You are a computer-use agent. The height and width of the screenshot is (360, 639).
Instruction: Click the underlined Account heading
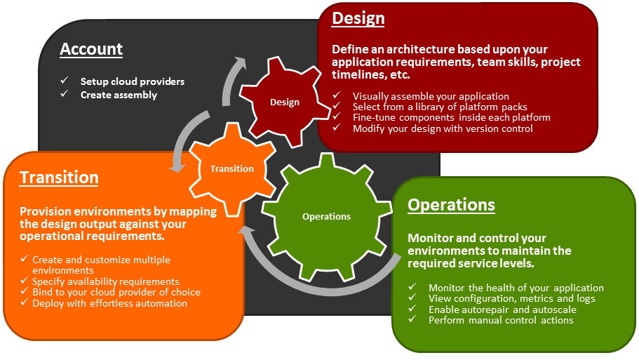[x=91, y=49]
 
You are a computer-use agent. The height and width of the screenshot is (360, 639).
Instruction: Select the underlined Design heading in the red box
[x=358, y=18]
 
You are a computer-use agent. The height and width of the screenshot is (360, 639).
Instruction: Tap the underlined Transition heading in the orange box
[x=59, y=178]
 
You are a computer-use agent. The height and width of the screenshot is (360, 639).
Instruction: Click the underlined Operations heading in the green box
[x=451, y=205]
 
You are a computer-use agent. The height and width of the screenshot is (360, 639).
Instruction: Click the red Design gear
[x=284, y=102]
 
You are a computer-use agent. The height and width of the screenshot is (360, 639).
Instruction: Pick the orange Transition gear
[x=232, y=168]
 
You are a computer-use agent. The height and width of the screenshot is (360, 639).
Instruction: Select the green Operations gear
[x=326, y=216]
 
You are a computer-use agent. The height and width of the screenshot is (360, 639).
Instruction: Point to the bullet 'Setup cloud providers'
[x=132, y=81]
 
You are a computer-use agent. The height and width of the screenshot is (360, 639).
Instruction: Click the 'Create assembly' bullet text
[x=119, y=95]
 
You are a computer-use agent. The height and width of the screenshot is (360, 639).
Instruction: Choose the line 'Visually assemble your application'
[x=431, y=96]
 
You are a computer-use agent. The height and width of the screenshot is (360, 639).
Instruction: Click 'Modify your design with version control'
[x=443, y=128]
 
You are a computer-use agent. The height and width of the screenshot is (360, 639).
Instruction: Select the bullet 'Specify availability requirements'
[x=106, y=281]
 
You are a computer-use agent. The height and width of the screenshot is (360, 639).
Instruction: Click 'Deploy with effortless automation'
[x=109, y=303]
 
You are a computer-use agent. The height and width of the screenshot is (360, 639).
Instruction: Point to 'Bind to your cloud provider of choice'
[x=116, y=292]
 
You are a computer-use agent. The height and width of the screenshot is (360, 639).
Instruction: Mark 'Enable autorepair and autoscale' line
[x=502, y=309]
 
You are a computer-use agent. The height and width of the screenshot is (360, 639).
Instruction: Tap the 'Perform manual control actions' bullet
[x=501, y=320]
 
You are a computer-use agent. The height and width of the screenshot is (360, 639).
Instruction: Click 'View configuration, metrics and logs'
[x=511, y=298]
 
